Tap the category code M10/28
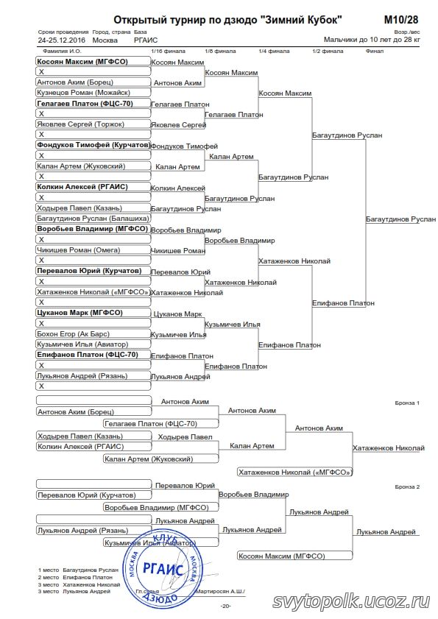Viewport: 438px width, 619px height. pos(401,20)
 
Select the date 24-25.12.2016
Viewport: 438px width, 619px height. pos(62,40)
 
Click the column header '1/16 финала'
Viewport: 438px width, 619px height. pos(168,51)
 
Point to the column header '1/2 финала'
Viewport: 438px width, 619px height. pos(328,51)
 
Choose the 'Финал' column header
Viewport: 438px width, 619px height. pos(375,51)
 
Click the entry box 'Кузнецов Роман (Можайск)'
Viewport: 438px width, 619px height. pos(93,93)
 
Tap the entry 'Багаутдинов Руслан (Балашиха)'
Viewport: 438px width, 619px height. pos(93,219)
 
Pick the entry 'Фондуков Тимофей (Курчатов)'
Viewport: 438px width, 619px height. pos(93,145)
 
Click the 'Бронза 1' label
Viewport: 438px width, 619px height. pos(407,403)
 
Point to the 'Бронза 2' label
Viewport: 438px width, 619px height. pos(407,487)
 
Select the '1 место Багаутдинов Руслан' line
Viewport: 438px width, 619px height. pos(78,570)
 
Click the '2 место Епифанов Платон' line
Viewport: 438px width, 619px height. pos(75,577)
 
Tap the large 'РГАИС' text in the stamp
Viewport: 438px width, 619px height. pos(163,569)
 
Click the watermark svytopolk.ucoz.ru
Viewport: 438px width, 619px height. pos(350,601)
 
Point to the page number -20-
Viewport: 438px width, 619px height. pos(225,606)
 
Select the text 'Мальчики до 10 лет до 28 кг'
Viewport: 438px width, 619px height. pos(372,40)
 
